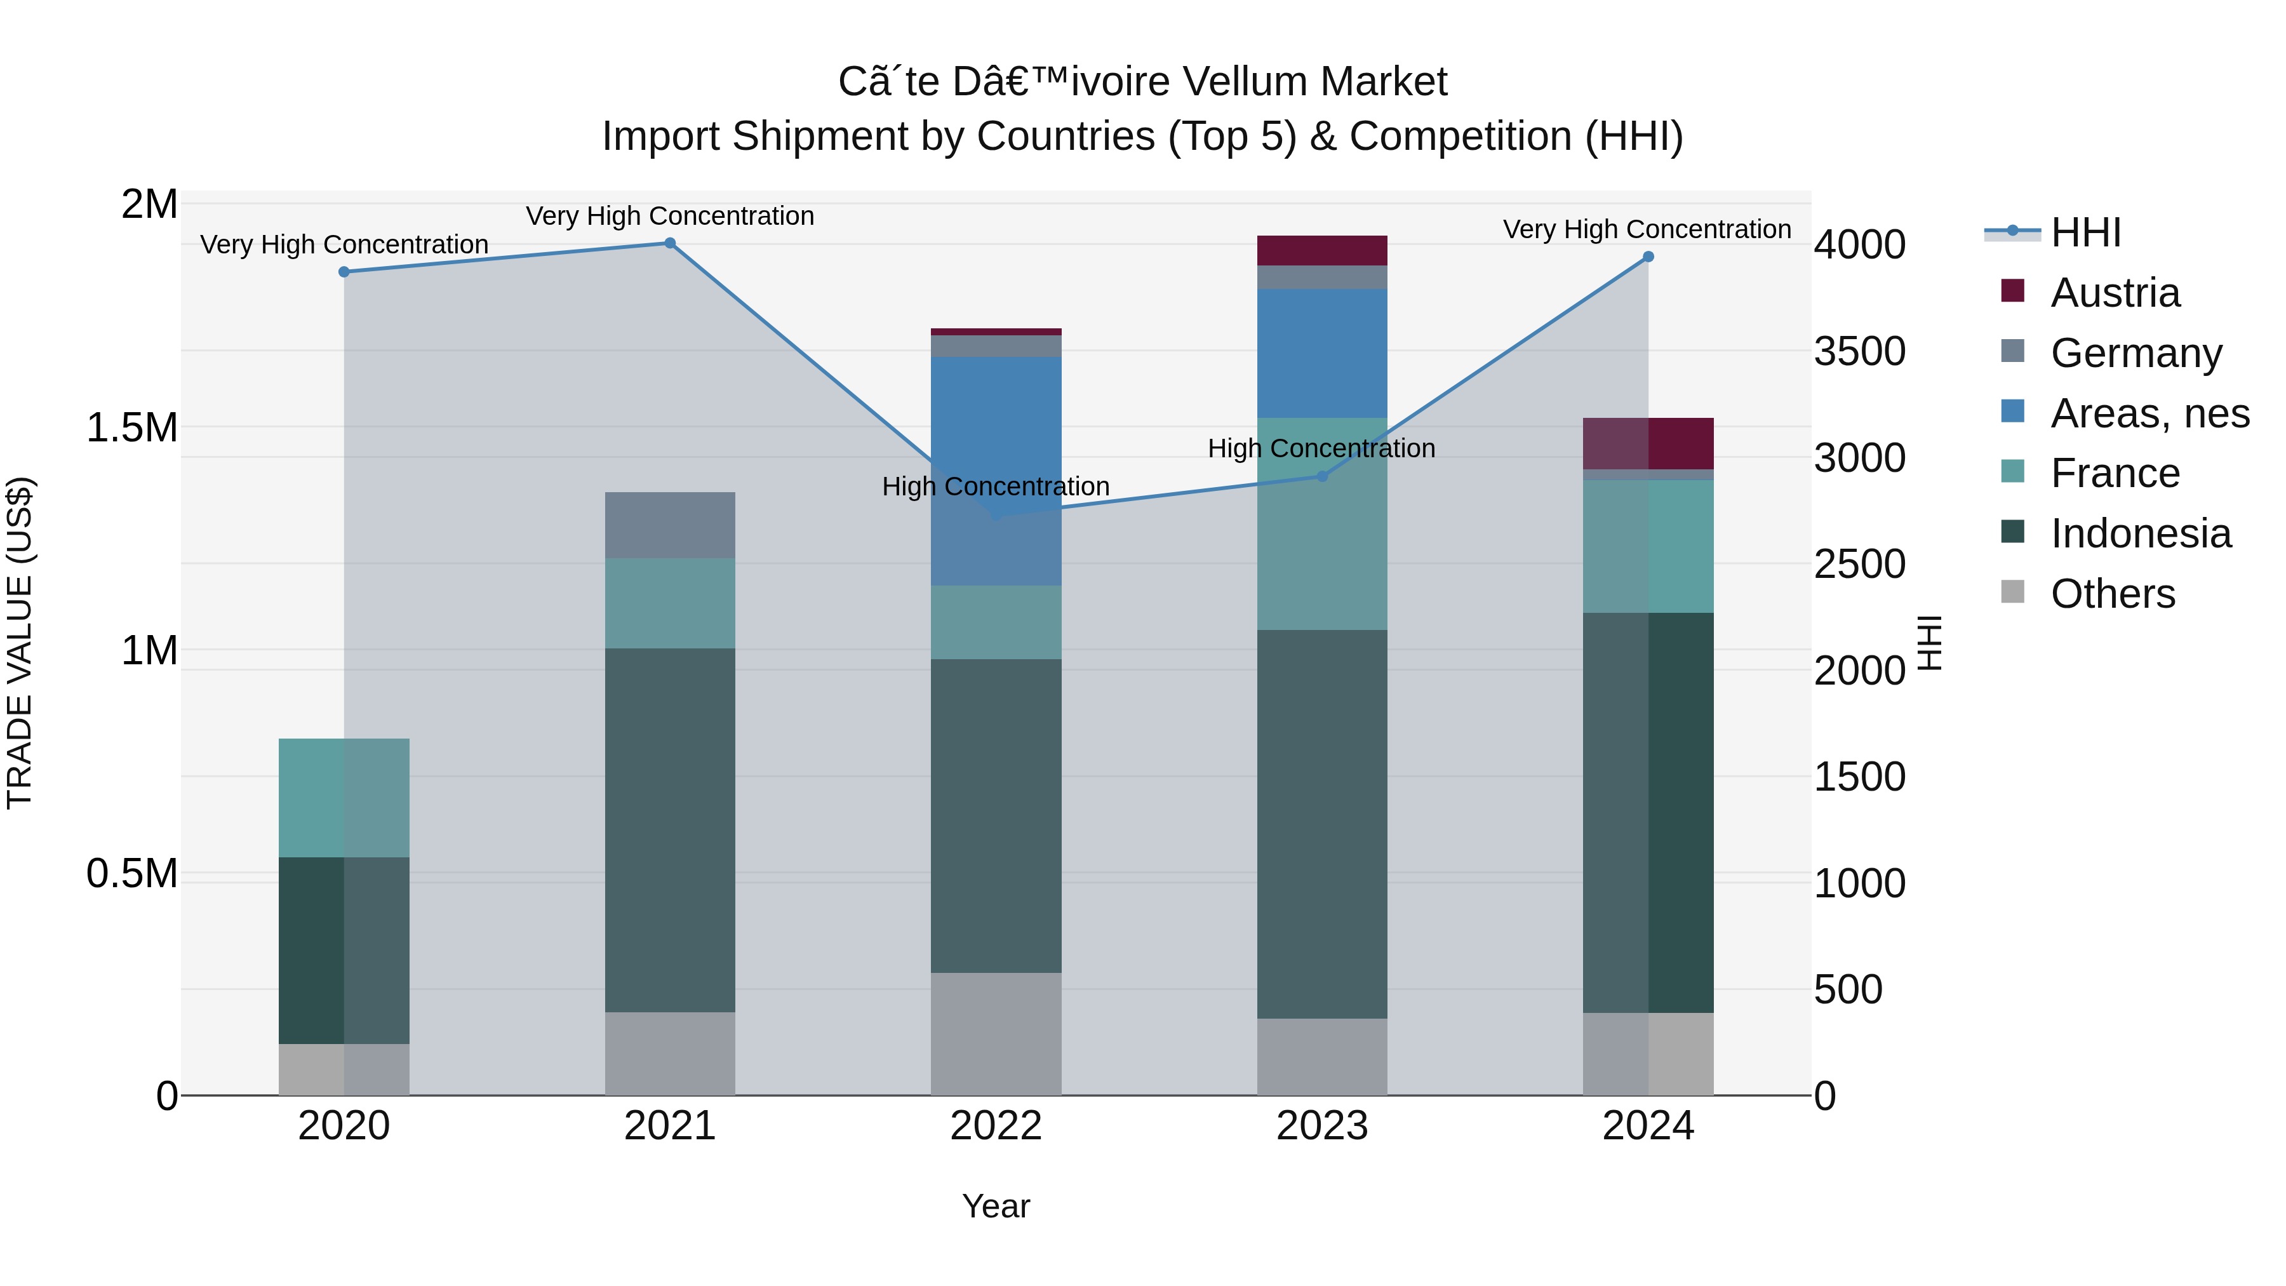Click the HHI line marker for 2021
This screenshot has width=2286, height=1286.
pyautogui.click(x=670, y=243)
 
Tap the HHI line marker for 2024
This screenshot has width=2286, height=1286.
pyautogui.click(x=1648, y=257)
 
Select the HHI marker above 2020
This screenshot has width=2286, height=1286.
pyautogui.click(x=344, y=272)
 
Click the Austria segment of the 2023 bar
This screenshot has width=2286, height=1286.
pyautogui.click(x=1321, y=250)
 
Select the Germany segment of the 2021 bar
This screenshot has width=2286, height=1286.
pyautogui.click(x=670, y=525)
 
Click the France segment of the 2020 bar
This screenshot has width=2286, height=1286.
pyautogui.click(x=344, y=797)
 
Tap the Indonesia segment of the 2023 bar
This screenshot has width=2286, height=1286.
pyautogui.click(x=1321, y=824)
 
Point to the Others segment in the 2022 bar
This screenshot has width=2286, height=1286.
pyautogui.click(x=996, y=1033)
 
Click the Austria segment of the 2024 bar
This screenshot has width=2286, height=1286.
pyautogui.click(x=1648, y=443)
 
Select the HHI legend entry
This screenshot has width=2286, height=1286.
pyautogui.click(x=2085, y=232)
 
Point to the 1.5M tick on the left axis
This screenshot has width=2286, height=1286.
pyautogui.click(x=131, y=428)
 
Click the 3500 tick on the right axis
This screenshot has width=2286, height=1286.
pyautogui.click(x=1859, y=351)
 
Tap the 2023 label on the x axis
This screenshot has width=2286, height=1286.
pyautogui.click(x=1321, y=1126)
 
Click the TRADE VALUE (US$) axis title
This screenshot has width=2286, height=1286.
pyautogui.click(x=20, y=643)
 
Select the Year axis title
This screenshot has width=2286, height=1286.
pyautogui.click(x=996, y=1206)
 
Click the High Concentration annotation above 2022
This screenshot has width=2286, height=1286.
pyautogui.click(x=996, y=486)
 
